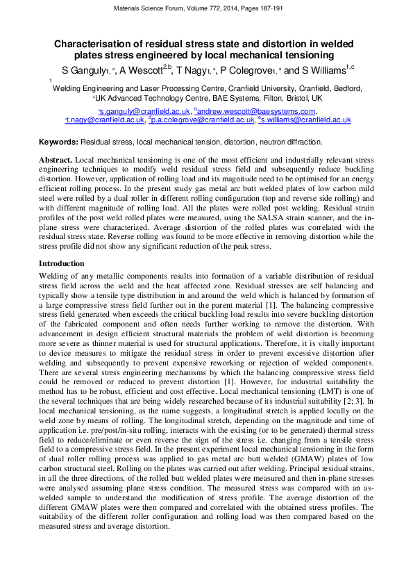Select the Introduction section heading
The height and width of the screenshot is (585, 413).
point(61,263)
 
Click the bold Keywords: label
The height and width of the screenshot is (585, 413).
point(58,142)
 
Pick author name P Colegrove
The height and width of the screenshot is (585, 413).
point(246,71)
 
